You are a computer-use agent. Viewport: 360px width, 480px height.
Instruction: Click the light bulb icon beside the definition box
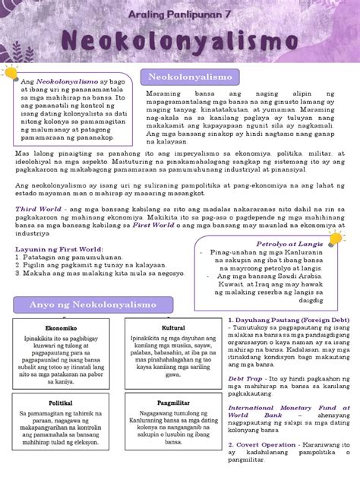[11, 72]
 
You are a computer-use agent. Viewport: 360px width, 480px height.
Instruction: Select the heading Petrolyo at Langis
[289, 245]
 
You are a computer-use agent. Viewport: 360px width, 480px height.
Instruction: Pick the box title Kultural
[173, 328]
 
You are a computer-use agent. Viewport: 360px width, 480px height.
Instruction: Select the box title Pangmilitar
[173, 403]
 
